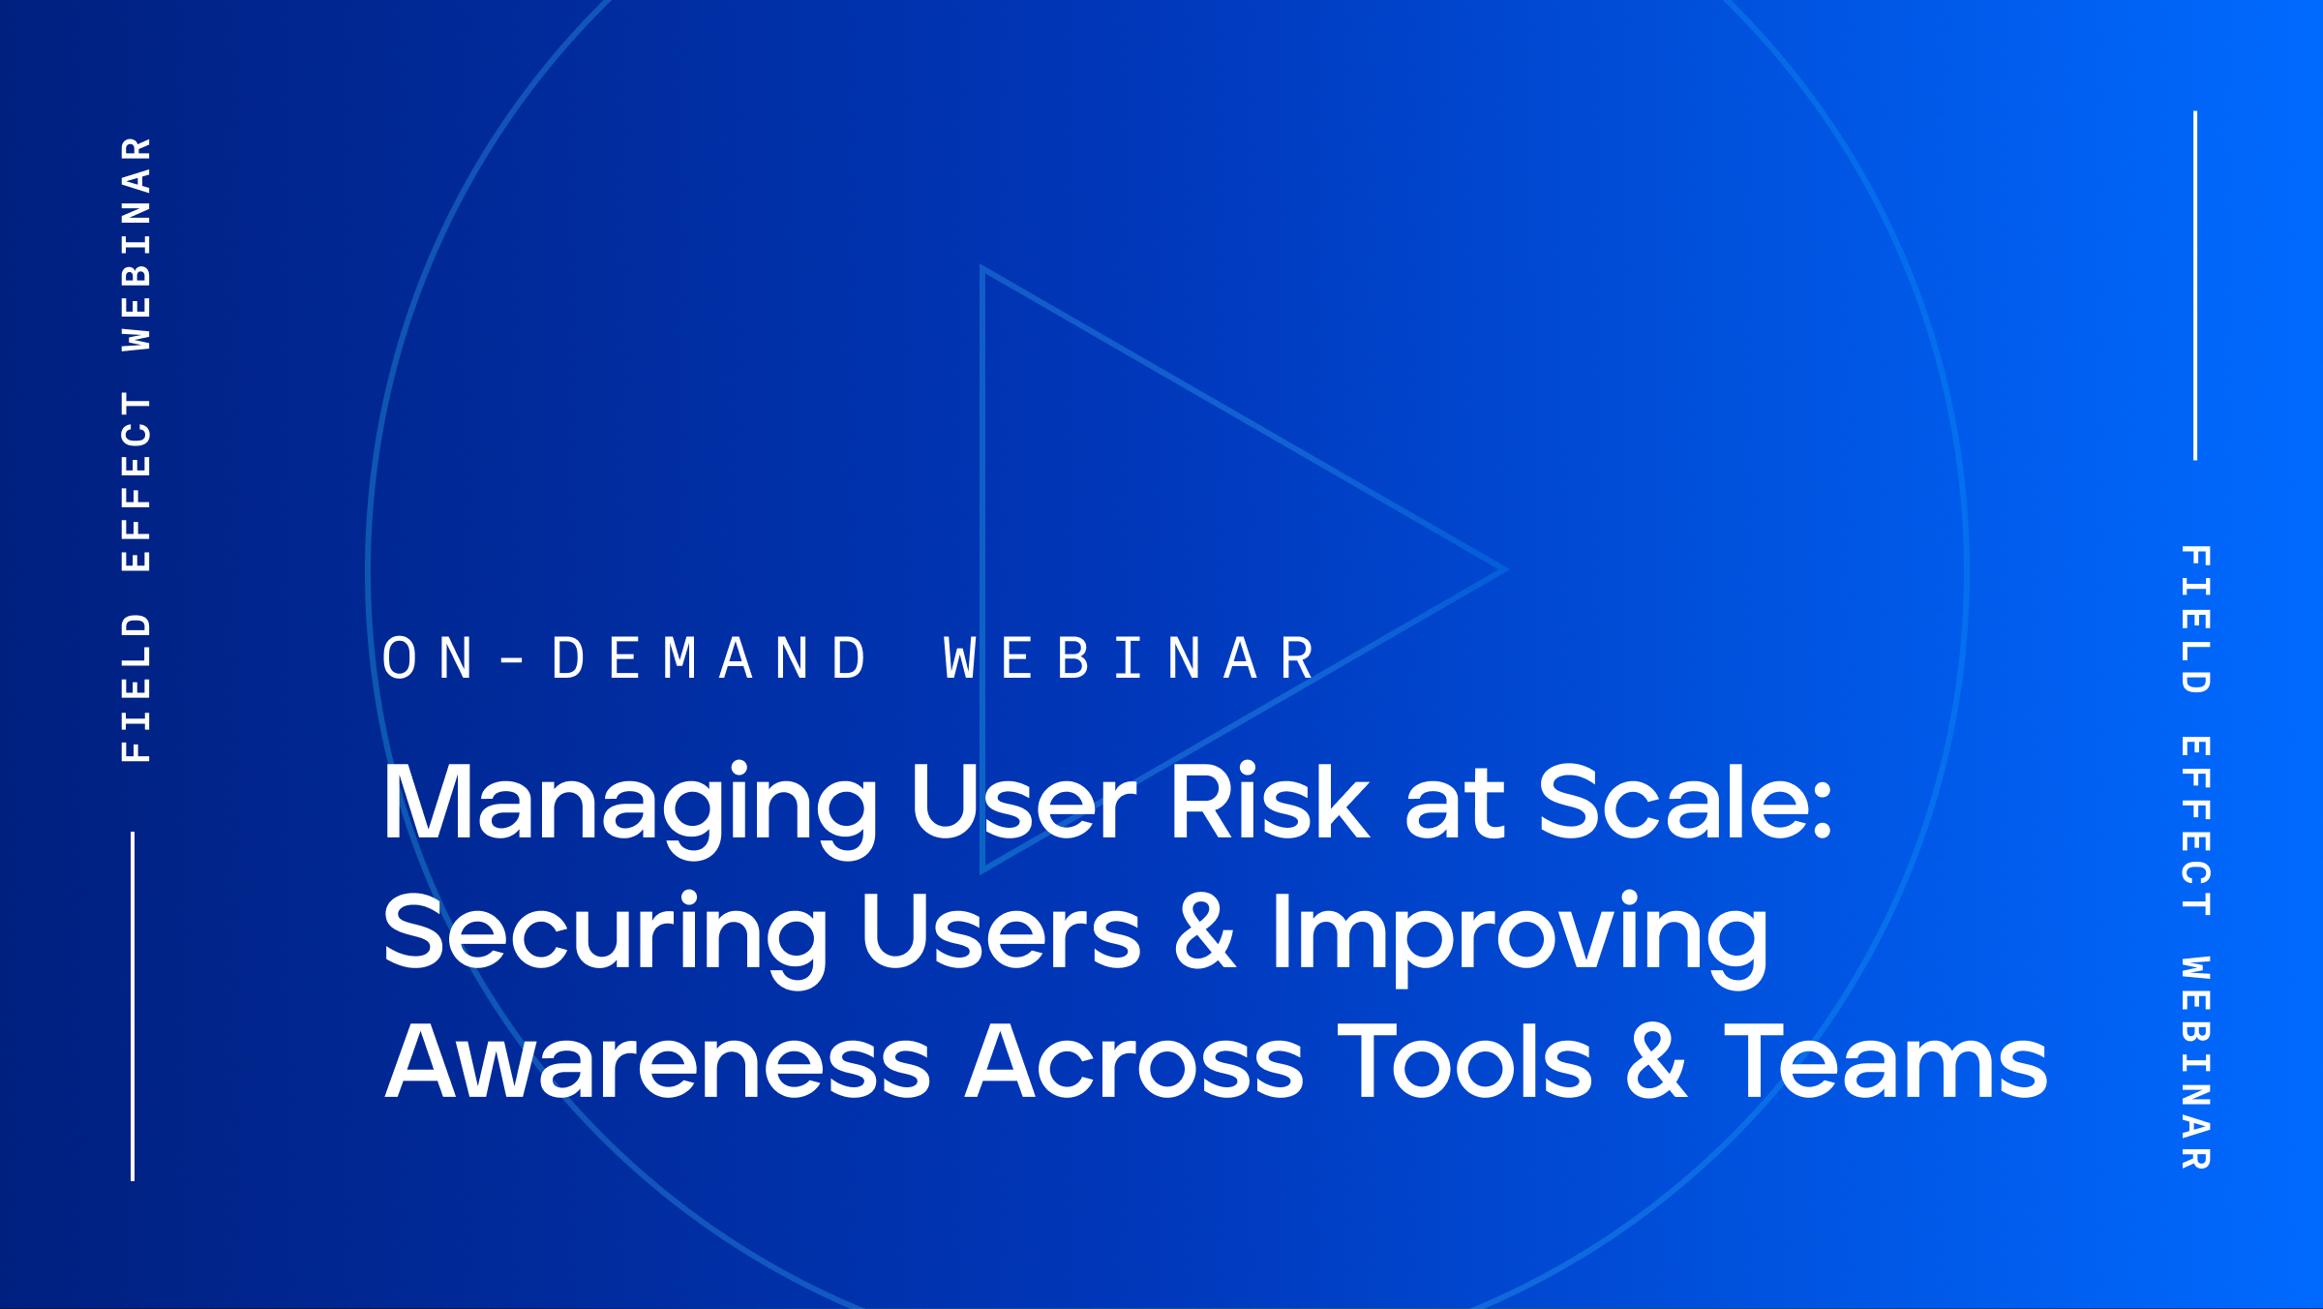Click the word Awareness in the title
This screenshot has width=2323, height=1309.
[x=657, y=1062]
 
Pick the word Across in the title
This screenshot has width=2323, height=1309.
[x=1134, y=1062]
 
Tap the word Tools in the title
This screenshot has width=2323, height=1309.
[x=1464, y=1062]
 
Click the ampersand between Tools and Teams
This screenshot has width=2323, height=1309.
[x=1657, y=1062]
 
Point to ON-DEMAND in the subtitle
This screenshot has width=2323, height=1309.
[x=625, y=659]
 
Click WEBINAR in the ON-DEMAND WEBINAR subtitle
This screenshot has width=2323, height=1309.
[x=1130, y=659]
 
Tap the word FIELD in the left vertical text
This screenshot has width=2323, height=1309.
[x=136, y=687]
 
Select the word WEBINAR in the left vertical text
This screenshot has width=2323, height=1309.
[x=136, y=243]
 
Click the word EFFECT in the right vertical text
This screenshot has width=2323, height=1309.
[x=2195, y=826]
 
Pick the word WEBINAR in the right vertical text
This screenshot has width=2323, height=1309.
[x=2195, y=1063]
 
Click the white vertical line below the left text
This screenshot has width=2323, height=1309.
[x=133, y=1006]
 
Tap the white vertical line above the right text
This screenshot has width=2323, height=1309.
[x=2195, y=286]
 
